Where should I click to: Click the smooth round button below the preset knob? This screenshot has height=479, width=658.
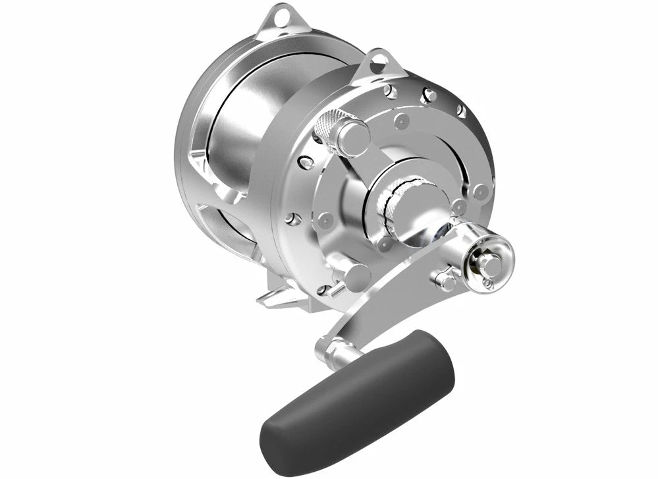point(356,277)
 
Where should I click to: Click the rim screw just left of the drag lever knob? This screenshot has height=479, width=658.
point(304,161)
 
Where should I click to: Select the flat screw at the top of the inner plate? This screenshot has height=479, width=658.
point(401,121)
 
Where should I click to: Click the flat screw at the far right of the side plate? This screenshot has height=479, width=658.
point(481,192)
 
